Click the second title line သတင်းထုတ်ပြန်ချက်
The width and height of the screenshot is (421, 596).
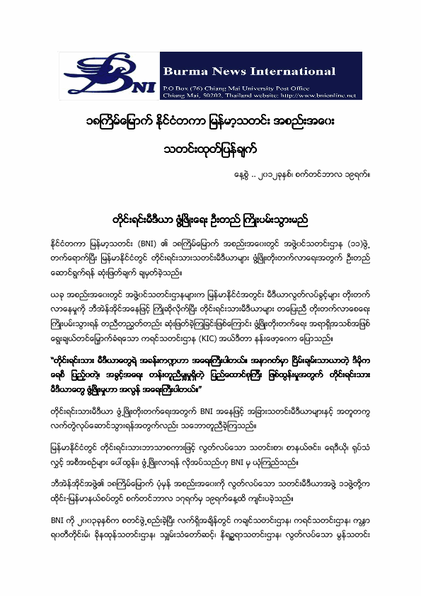(210, 151)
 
